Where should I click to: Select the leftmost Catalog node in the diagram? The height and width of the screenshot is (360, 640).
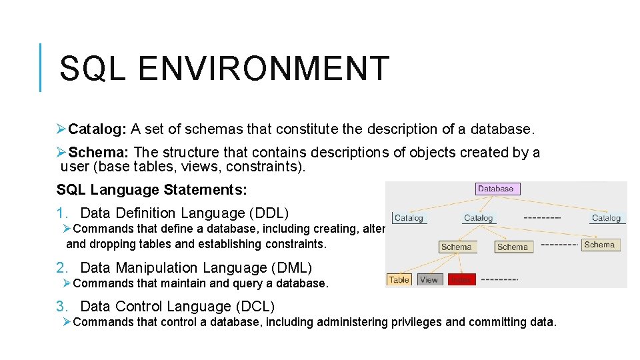point(409,218)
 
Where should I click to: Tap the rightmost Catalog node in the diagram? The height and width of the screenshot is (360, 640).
point(606,218)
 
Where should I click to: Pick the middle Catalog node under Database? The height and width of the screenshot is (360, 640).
point(478,218)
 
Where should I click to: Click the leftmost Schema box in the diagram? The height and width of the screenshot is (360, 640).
point(456,247)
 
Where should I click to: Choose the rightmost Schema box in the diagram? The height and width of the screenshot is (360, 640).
point(599,245)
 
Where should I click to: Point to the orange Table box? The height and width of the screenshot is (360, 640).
point(399,280)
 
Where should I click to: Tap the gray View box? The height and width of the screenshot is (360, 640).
point(429,280)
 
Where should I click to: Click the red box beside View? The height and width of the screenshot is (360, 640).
point(461,280)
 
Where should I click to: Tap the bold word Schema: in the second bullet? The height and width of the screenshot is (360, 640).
point(97,152)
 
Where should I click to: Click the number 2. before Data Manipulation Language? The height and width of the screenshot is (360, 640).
point(63,268)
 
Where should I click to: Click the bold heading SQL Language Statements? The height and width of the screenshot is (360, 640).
point(151,190)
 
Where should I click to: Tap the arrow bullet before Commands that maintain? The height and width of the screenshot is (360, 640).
point(67,283)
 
